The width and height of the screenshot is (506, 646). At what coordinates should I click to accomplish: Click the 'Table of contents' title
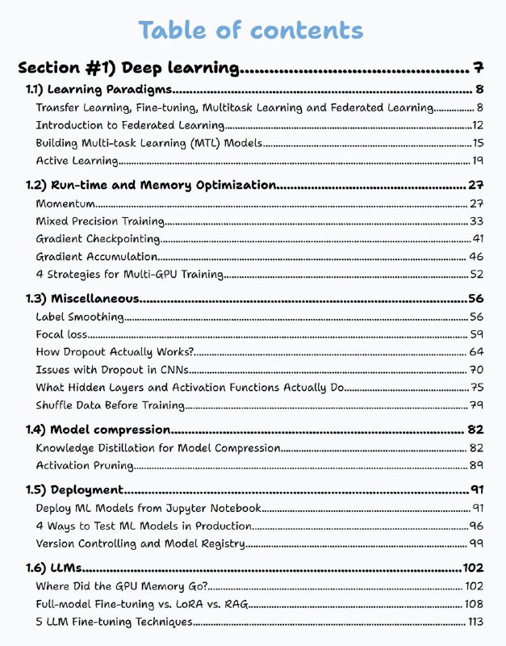pyautogui.click(x=250, y=31)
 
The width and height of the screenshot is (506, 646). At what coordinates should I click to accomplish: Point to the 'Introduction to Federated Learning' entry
pyautogui.click(x=130, y=125)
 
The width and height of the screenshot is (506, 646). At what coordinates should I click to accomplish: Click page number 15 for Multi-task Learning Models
pyautogui.click(x=477, y=143)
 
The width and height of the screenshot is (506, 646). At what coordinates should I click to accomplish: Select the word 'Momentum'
pyautogui.click(x=65, y=203)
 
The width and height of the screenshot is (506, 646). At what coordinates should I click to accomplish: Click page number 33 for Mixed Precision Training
pyautogui.click(x=476, y=221)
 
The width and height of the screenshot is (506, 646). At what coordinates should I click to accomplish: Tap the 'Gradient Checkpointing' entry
pyautogui.click(x=98, y=239)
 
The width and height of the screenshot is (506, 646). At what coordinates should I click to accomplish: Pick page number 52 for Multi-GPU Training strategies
pyautogui.click(x=476, y=275)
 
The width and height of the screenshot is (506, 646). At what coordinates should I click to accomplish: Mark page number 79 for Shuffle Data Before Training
pyautogui.click(x=476, y=405)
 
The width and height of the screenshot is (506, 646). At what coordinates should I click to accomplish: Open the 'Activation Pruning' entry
pyautogui.click(x=85, y=465)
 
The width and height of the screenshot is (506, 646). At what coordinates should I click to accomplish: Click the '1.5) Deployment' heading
pyautogui.click(x=74, y=489)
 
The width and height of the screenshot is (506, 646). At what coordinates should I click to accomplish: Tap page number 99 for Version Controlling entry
pyautogui.click(x=476, y=543)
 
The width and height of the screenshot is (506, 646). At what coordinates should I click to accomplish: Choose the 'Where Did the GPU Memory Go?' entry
pyautogui.click(x=121, y=586)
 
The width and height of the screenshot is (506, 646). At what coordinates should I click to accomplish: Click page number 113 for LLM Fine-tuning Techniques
pyautogui.click(x=475, y=622)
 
